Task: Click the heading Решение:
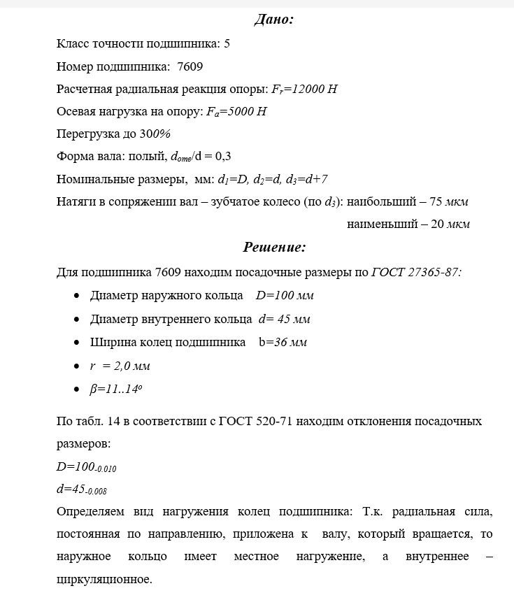pos(274,247)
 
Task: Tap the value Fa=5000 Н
pos(237,111)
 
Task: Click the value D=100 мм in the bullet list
pos(285,295)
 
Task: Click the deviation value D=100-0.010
pos(86,466)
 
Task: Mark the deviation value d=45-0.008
pos(81,490)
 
